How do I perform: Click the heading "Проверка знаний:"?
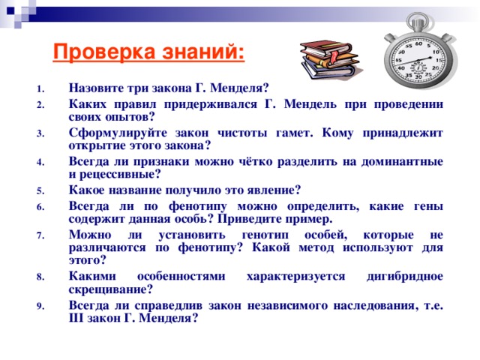pyautogui.click(x=148, y=53)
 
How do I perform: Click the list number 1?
pyautogui.click(x=39, y=88)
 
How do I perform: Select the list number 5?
pyautogui.click(x=39, y=190)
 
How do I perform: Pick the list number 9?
pyautogui.click(x=39, y=305)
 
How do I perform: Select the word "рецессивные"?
pyautogui.click(x=121, y=175)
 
